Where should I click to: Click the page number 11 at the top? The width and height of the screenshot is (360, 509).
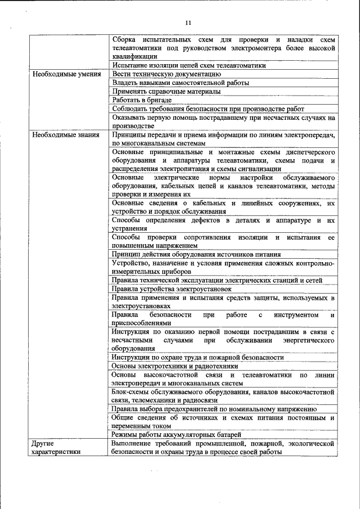pos(188,22)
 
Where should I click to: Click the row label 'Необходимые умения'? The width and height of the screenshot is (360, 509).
pos(66,74)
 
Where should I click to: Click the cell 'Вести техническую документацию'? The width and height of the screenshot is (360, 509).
pos(162,74)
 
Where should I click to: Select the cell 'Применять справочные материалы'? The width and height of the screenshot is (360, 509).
pos(166,91)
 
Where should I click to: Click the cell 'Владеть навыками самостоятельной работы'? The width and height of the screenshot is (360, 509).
pos(180,83)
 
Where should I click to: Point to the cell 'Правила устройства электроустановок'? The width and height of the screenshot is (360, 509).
pos(172,289)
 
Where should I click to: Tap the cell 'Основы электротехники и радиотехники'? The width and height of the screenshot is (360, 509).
pos(175,366)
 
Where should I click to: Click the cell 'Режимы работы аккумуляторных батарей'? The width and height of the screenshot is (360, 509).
pos(176,435)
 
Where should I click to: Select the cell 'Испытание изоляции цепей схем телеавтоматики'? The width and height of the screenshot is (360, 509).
pos(188,65)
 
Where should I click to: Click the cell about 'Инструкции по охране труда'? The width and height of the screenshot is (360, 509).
pos(197,357)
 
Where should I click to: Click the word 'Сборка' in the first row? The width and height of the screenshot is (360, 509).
pos(124,40)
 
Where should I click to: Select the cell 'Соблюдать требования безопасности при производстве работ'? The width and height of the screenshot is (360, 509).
pos(208,109)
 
